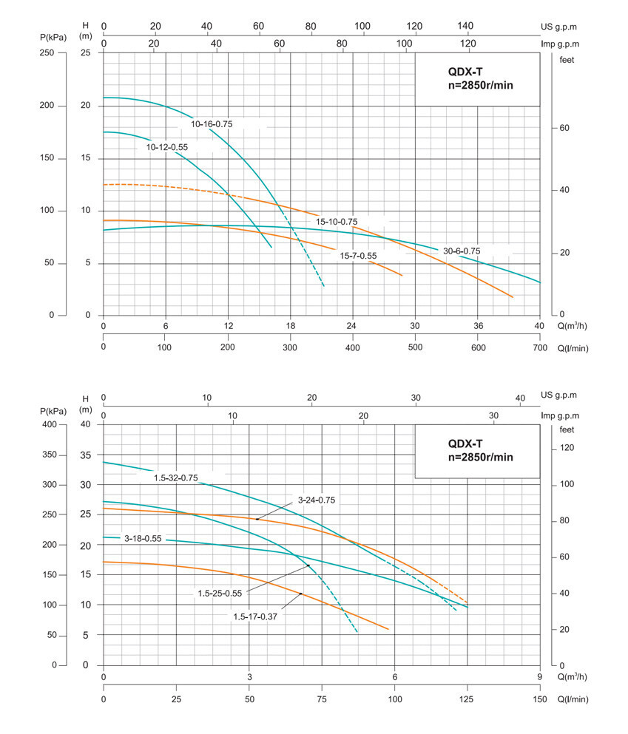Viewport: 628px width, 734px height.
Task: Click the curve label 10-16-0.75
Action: (212, 124)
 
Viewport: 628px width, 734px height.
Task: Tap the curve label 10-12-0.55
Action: (167, 147)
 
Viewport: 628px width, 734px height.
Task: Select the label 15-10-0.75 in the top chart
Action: (337, 221)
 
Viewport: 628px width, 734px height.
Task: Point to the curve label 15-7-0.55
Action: (359, 256)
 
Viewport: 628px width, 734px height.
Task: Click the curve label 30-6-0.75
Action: (462, 251)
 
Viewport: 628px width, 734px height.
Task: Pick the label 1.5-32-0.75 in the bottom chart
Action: (176, 478)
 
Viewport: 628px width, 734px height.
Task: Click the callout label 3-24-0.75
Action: (317, 500)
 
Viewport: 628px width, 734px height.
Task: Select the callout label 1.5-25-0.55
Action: (220, 593)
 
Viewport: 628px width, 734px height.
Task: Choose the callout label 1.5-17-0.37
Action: (255, 616)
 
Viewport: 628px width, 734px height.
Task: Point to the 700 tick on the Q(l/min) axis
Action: (540, 347)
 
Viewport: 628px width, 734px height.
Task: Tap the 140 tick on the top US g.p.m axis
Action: (466, 26)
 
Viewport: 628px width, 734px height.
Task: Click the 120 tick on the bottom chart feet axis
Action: (567, 448)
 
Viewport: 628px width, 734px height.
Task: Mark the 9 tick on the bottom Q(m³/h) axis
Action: (540, 677)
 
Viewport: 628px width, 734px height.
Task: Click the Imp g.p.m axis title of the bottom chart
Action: (559, 416)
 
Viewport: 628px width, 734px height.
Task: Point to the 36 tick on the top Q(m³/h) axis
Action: (478, 326)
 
